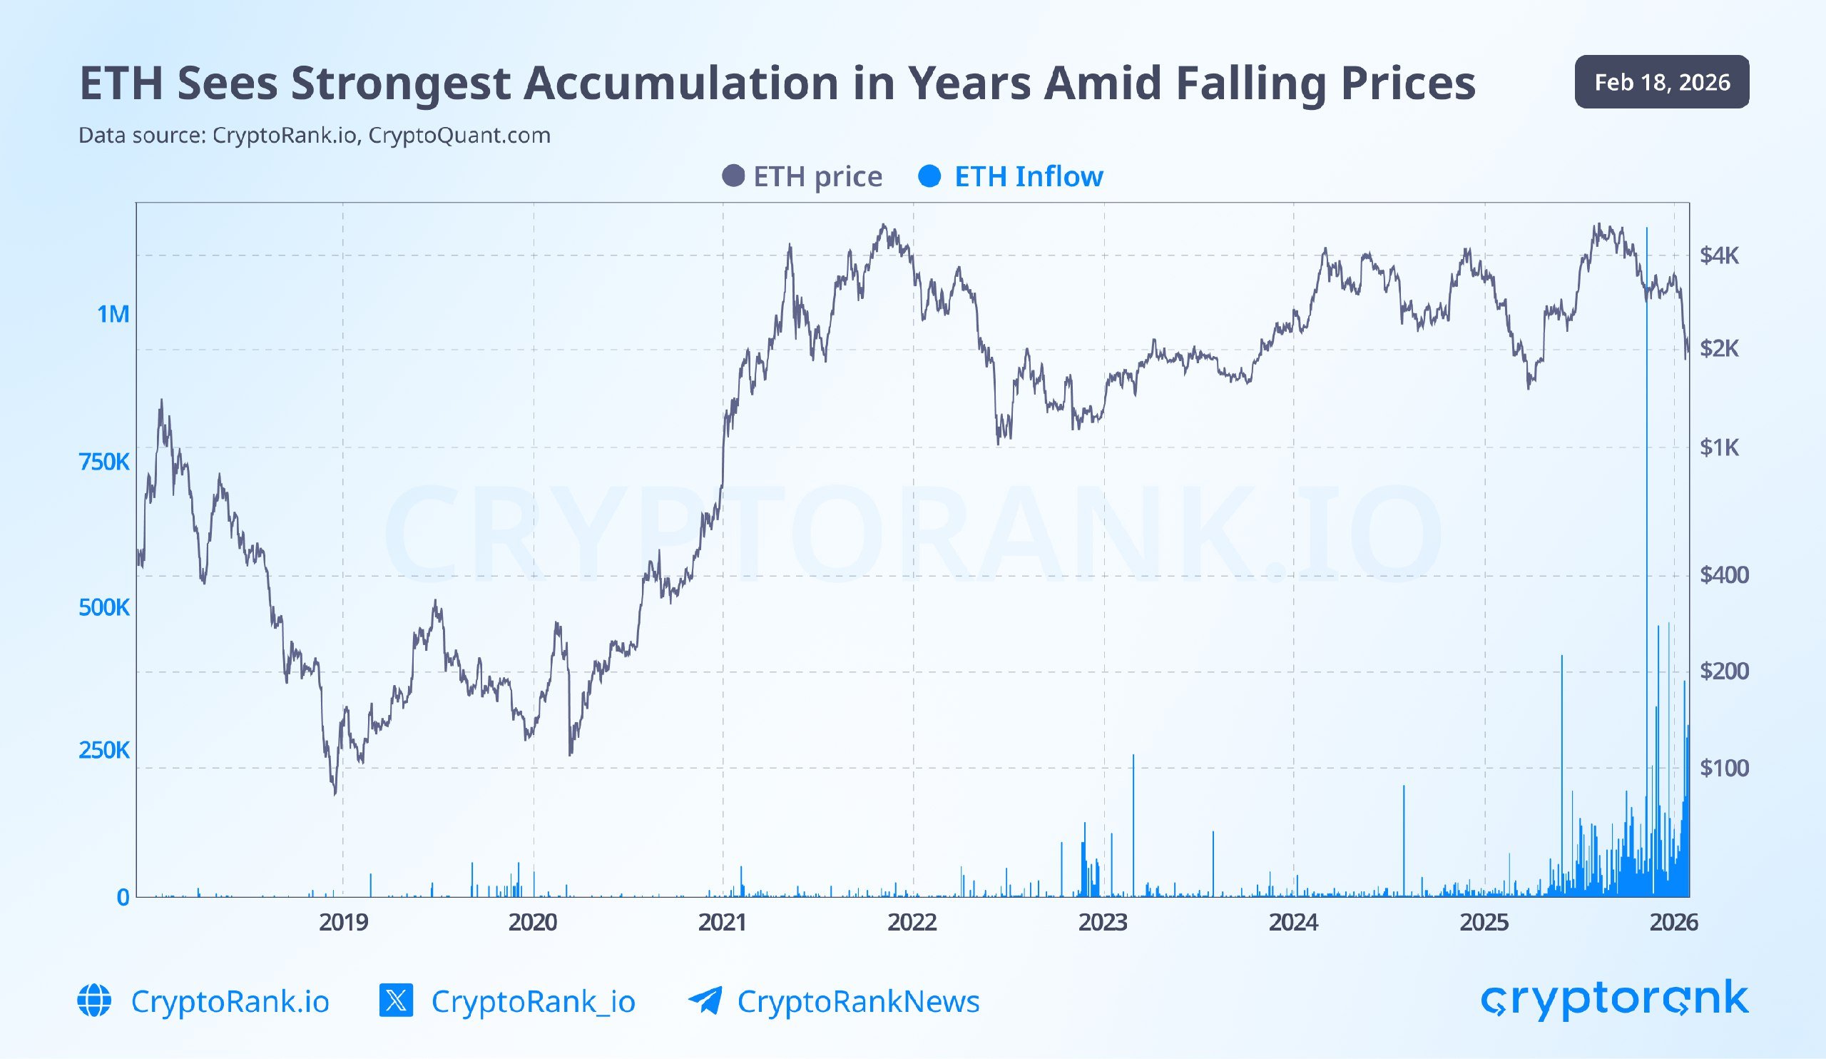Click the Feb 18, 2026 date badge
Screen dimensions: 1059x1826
pyautogui.click(x=1661, y=82)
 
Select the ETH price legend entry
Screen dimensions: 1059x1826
pyautogui.click(x=803, y=176)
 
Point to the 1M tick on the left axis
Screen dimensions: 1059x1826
pyautogui.click(x=113, y=314)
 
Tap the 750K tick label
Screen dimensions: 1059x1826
pyautogui.click(x=103, y=462)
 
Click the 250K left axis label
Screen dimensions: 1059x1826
pyautogui.click(x=103, y=750)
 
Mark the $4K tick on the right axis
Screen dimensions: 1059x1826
pyautogui.click(x=1719, y=255)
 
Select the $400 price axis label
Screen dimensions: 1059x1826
pyautogui.click(x=1724, y=574)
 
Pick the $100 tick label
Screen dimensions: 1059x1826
pyautogui.click(x=1724, y=768)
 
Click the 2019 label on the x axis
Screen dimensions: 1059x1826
pyautogui.click(x=344, y=922)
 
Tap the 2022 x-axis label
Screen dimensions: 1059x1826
pyautogui.click(x=912, y=922)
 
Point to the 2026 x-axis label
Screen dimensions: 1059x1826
pyautogui.click(x=1673, y=922)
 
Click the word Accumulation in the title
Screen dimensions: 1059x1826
pyautogui.click(x=680, y=83)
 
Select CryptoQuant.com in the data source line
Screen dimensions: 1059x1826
pyautogui.click(x=459, y=136)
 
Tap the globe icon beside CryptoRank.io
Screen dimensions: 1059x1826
pyautogui.click(x=94, y=1001)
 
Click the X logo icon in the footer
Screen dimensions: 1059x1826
pyautogui.click(x=397, y=1000)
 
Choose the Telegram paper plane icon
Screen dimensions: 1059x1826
pyautogui.click(x=705, y=1000)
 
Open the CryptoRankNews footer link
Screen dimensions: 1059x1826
pyautogui.click(x=858, y=1001)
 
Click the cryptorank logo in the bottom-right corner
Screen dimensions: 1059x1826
pyautogui.click(x=1614, y=1000)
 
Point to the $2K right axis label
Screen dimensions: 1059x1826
pyautogui.click(x=1719, y=349)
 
